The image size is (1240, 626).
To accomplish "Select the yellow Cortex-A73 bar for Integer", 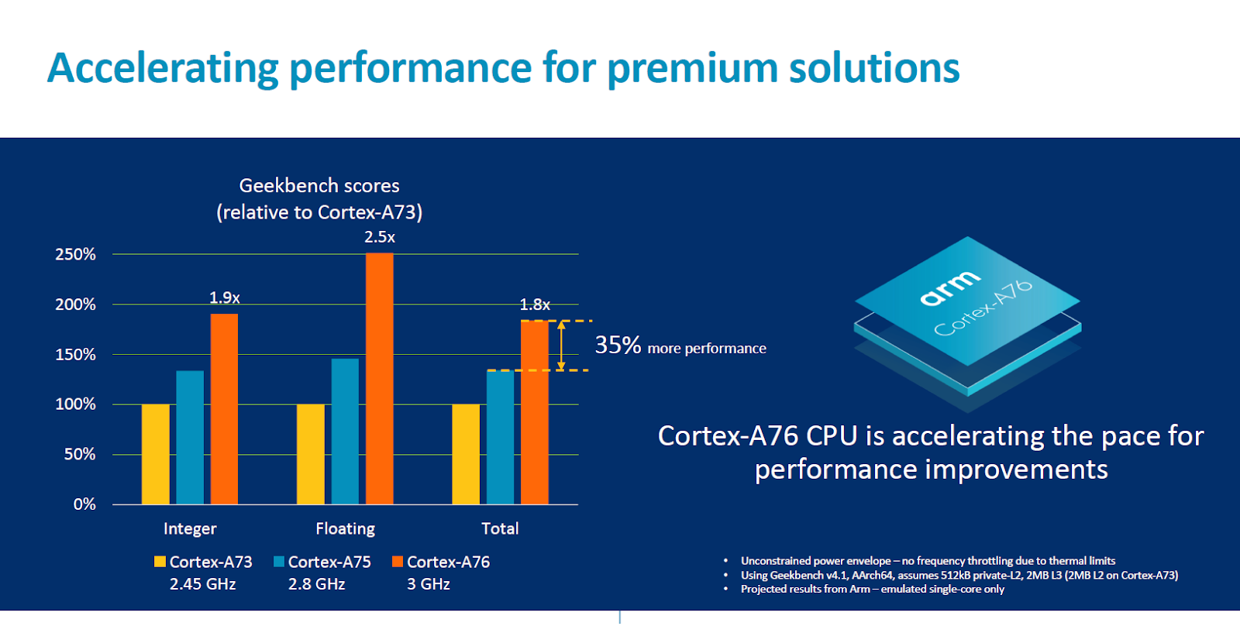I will pyautogui.click(x=155, y=454).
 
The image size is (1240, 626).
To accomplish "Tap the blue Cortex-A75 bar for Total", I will pyautogui.click(x=500, y=437).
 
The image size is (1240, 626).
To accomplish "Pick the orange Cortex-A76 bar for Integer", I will pyautogui.click(x=224, y=408).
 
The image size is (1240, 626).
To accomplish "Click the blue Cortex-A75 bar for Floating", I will pyautogui.click(x=345, y=431).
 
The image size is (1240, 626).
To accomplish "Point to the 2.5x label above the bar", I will pyautogui.click(x=380, y=237).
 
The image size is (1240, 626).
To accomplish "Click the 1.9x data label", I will pyautogui.click(x=225, y=298).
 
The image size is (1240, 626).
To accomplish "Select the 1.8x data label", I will pyautogui.click(x=535, y=304).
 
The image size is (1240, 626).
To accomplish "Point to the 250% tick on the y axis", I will pyautogui.click(x=75, y=254).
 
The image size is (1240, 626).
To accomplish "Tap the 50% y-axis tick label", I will pyautogui.click(x=79, y=454).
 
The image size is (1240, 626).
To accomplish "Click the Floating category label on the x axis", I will pyautogui.click(x=345, y=528).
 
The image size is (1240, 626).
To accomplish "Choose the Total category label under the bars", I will pyautogui.click(x=500, y=528).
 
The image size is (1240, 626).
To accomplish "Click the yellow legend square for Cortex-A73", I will pyautogui.click(x=160, y=562).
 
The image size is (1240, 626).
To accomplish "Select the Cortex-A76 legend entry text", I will pyautogui.click(x=448, y=562).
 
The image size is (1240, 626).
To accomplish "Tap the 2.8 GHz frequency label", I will pyautogui.click(x=316, y=584).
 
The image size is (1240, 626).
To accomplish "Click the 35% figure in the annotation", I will pyautogui.click(x=618, y=345).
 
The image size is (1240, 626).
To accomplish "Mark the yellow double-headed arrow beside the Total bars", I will pyautogui.click(x=561, y=346).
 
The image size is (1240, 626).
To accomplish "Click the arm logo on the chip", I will pyautogui.click(x=949, y=287).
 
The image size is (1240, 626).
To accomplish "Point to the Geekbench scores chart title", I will pyautogui.click(x=319, y=186).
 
